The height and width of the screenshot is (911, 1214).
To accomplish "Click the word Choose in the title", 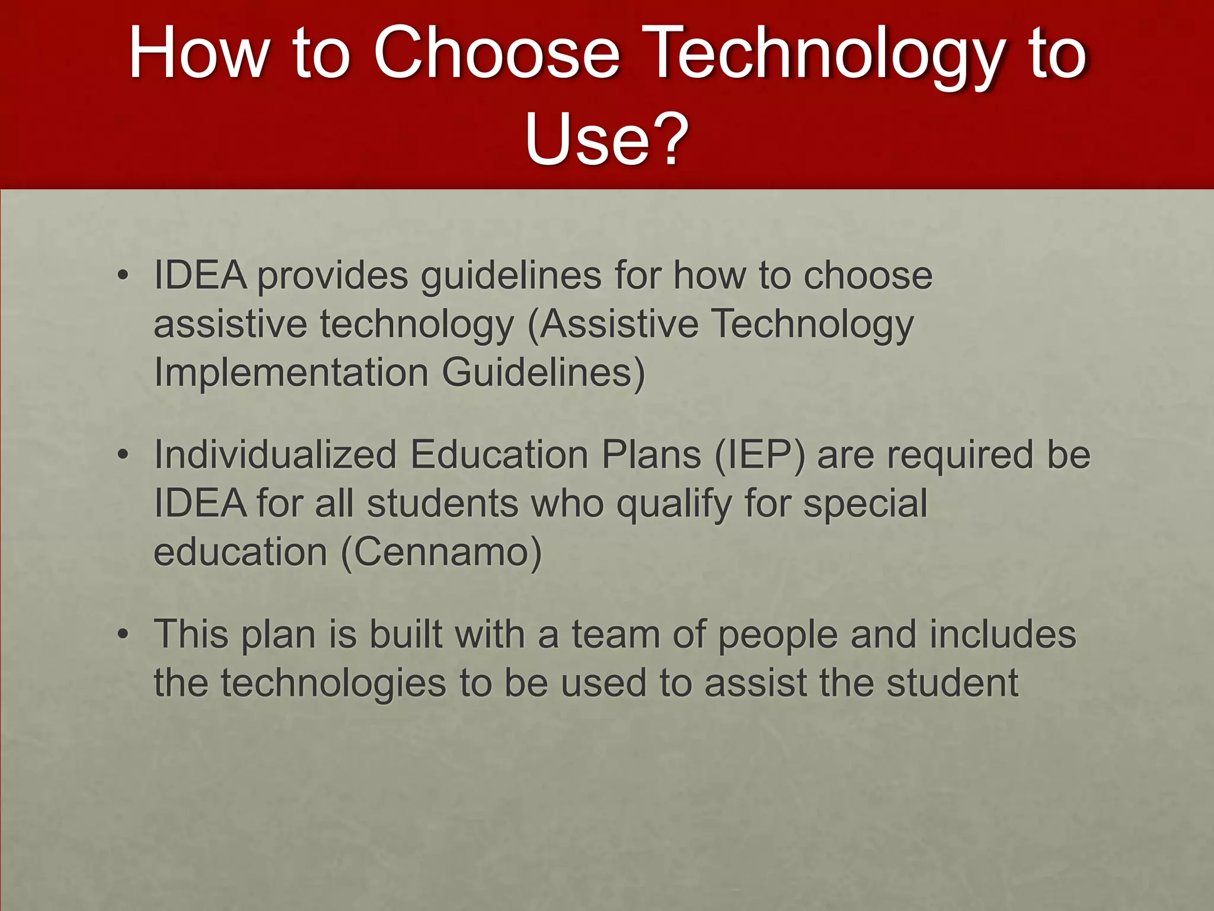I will (497, 53).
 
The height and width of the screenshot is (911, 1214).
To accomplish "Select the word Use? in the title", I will (606, 140).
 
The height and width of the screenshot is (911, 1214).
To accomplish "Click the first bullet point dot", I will (123, 276).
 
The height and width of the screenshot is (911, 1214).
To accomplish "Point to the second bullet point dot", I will (123, 455).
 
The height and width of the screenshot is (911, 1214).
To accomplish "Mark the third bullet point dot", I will (123, 635).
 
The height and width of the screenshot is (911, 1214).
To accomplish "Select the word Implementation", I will (291, 373).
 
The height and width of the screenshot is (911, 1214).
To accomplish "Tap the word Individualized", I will (275, 455).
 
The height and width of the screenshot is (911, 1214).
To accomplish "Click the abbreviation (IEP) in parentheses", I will (760, 455).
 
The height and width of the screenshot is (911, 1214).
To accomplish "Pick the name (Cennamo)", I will (442, 553).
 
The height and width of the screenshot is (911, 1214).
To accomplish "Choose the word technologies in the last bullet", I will (333, 683).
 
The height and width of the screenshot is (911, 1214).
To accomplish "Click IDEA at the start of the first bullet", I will (200, 276).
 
